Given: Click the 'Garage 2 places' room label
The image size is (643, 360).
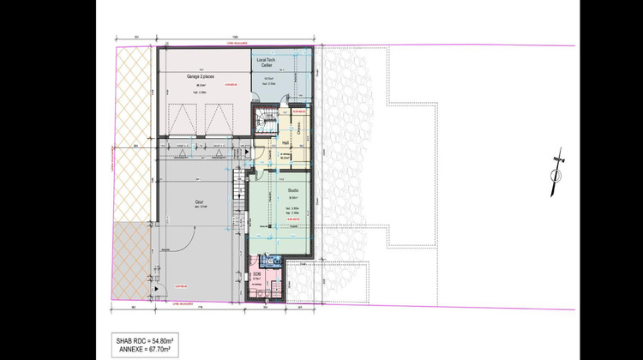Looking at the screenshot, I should pyautogui.click(x=200, y=76).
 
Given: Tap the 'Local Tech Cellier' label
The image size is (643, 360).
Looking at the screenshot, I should pyautogui.click(x=278, y=61).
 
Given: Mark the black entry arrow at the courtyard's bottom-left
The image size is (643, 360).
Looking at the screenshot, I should pyautogui.click(x=156, y=291).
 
